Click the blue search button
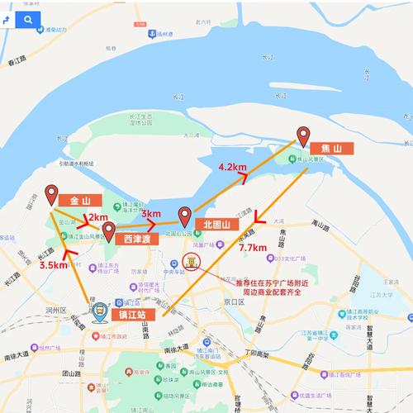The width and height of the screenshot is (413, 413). [x=28, y=19]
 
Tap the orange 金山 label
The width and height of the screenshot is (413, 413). [x=80, y=200]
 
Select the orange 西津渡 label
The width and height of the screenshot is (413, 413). [x=136, y=239]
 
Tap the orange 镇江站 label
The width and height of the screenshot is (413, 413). [x=133, y=315]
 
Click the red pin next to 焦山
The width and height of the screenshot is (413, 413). [x=303, y=136]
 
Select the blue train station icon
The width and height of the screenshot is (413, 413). [x=100, y=313]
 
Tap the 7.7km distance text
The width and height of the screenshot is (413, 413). [x=252, y=247]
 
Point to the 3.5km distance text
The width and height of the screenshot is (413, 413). [x=53, y=265]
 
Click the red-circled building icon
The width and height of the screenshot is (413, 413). [x=191, y=263]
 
